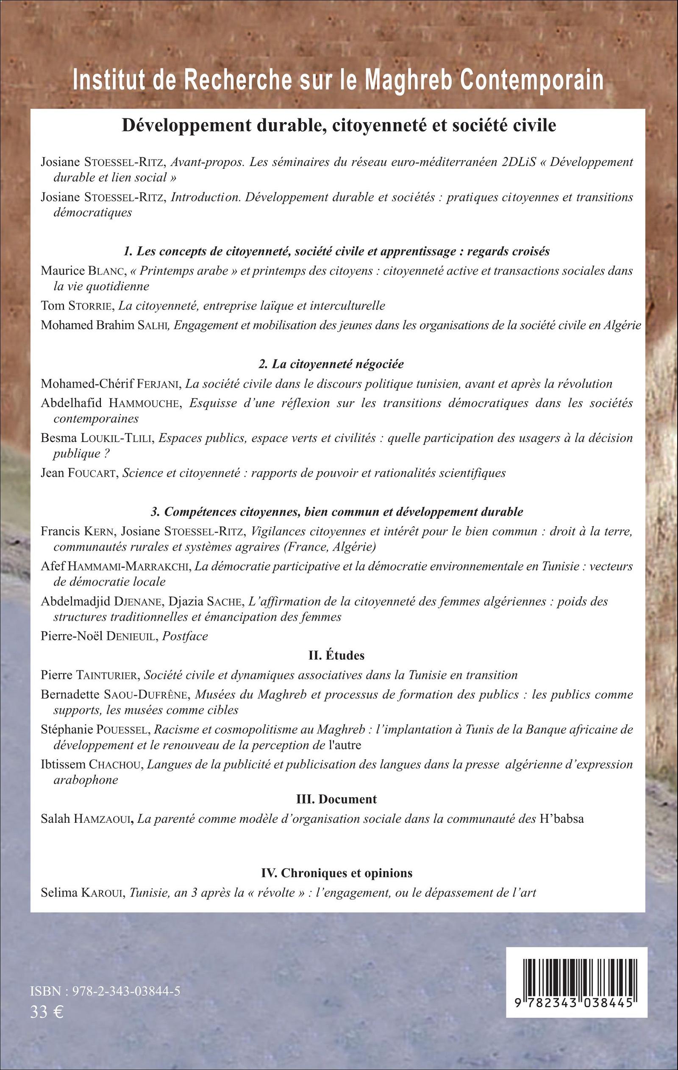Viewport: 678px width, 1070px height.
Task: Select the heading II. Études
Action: click(337, 655)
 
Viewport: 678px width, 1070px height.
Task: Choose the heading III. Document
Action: click(336, 799)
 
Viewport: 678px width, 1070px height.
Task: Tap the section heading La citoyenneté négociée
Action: click(337, 364)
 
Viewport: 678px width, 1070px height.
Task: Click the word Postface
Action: click(185, 636)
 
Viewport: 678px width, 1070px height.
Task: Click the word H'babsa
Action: click(561, 819)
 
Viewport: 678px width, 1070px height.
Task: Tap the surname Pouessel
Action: click(117, 729)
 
